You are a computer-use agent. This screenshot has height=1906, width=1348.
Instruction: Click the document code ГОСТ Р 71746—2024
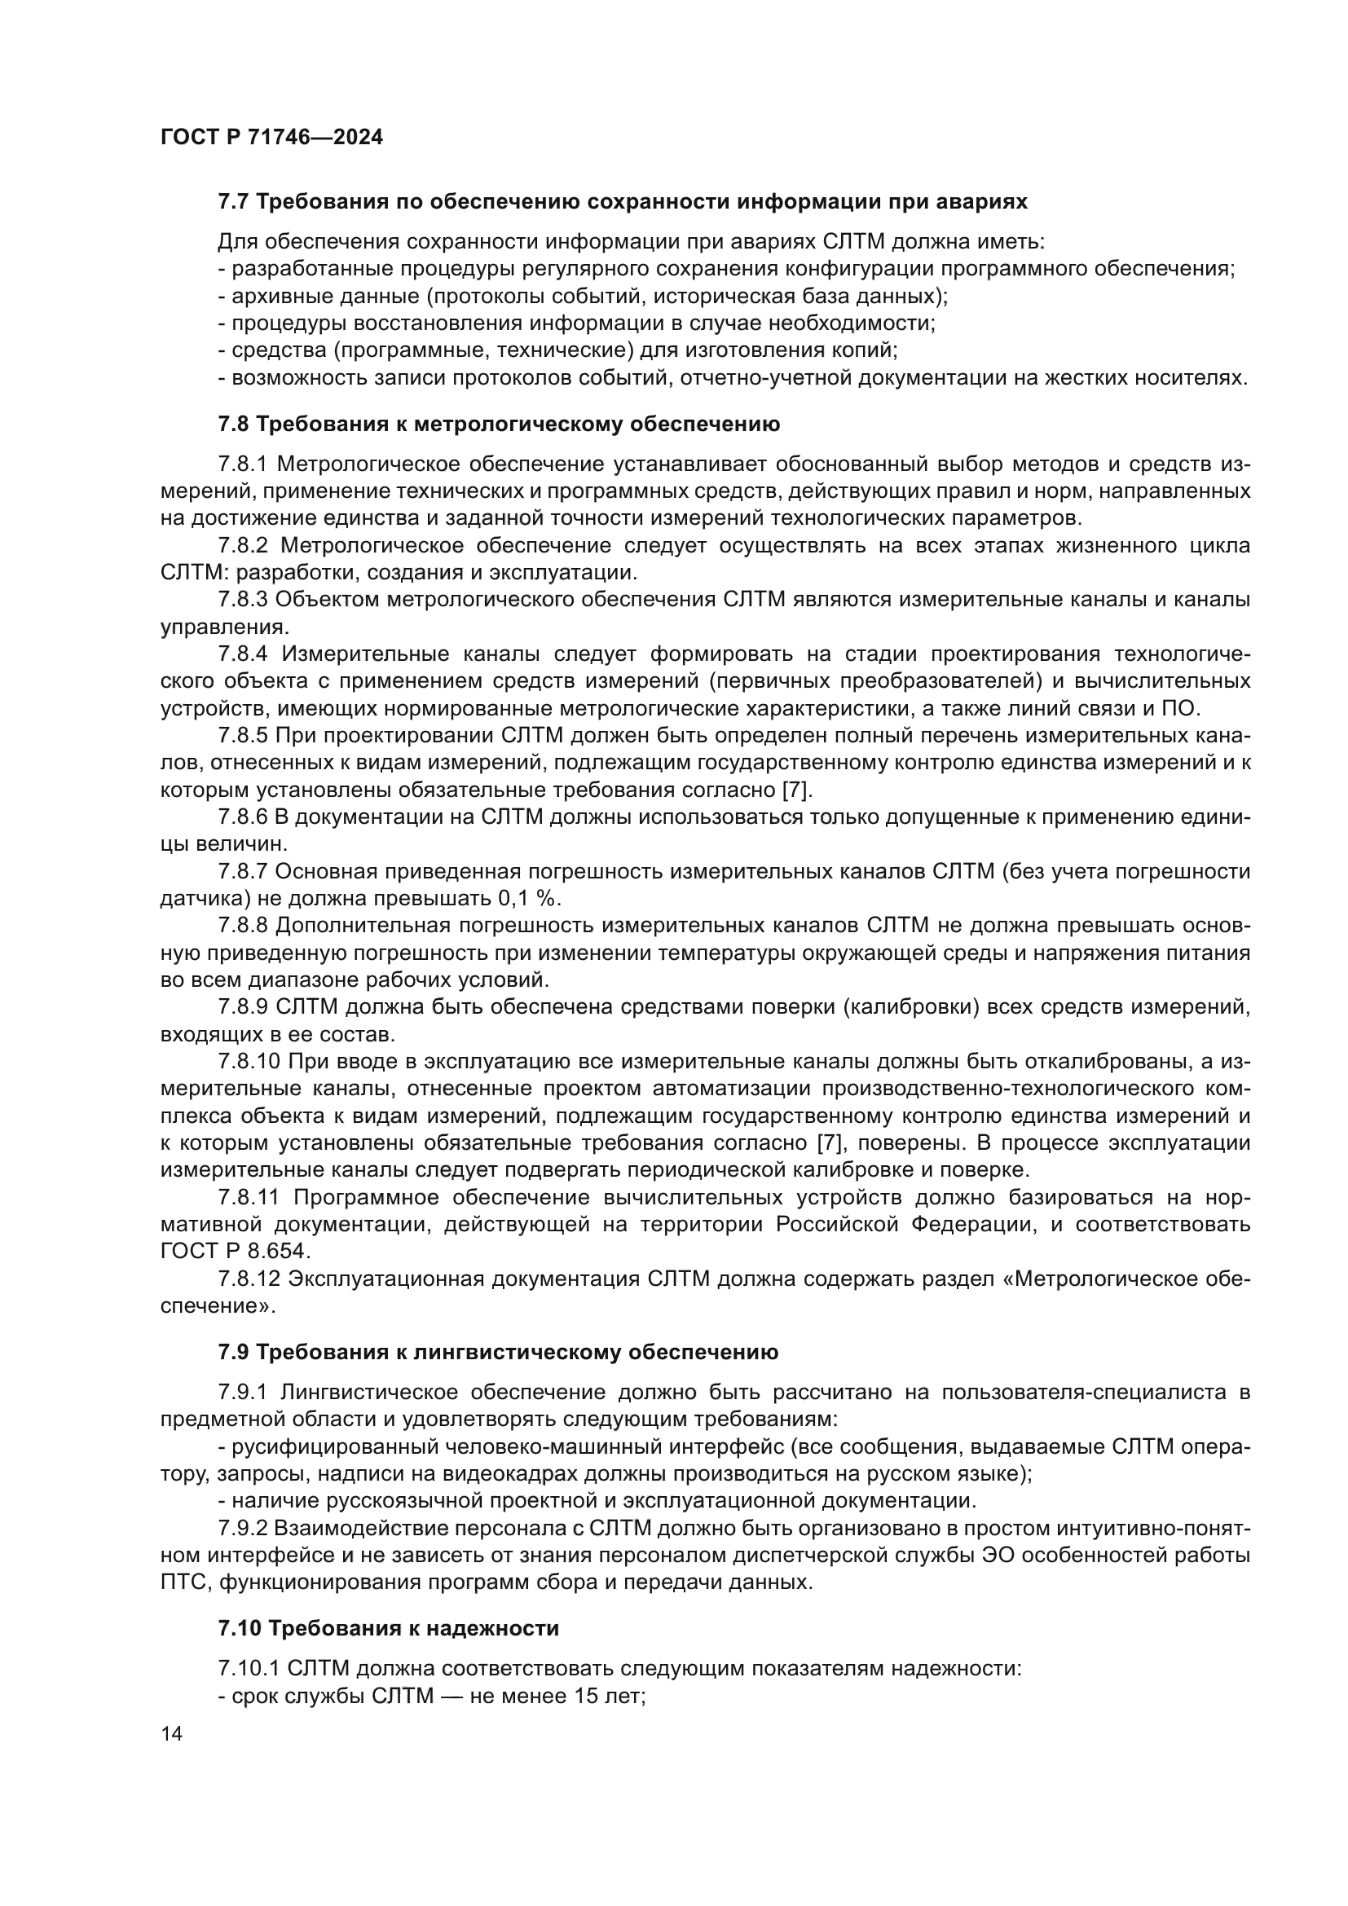(x=271, y=138)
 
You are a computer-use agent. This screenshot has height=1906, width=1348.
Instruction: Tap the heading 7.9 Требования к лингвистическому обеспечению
(x=498, y=1353)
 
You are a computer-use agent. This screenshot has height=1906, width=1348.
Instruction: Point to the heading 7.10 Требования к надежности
(x=388, y=1628)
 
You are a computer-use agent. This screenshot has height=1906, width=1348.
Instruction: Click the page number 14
(x=172, y=1734)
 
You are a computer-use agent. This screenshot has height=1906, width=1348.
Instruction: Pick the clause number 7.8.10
(x=250, y=1061)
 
